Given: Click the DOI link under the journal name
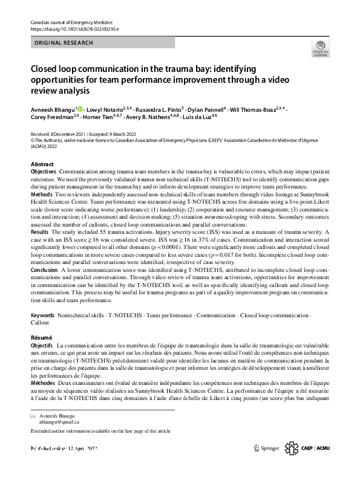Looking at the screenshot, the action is [74, 29].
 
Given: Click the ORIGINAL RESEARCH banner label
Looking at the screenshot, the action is [64, 43].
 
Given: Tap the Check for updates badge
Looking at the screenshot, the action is [319, 49].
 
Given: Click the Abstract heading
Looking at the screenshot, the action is [42, 164].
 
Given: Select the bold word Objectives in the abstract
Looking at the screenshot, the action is [44, 172].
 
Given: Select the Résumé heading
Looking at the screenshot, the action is [42, 337].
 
